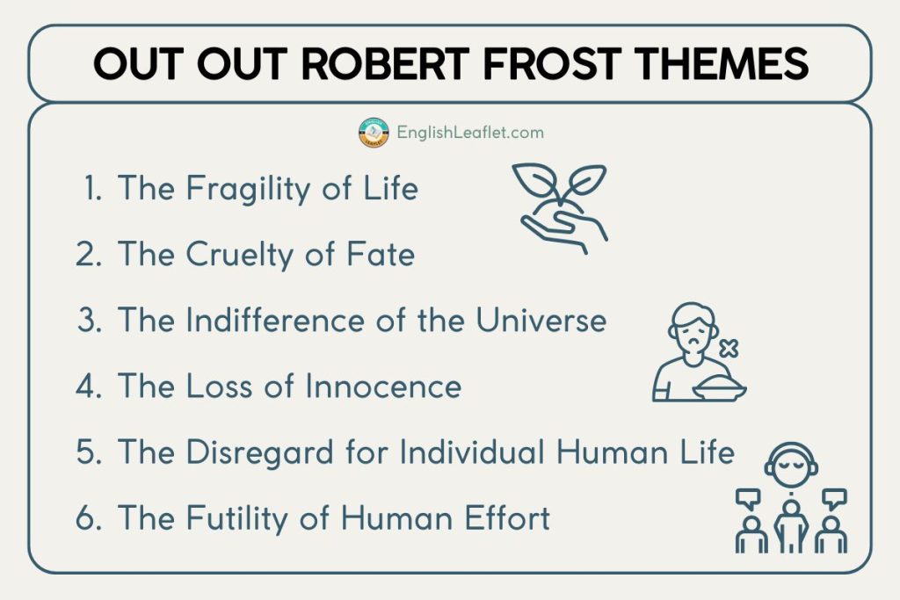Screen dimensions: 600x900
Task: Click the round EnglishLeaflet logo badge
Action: coord(374,134)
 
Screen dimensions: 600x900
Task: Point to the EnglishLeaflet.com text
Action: coord(469,134)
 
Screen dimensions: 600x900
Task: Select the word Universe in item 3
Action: coord(541,320)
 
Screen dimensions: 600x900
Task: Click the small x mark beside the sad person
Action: coord(728,350)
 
